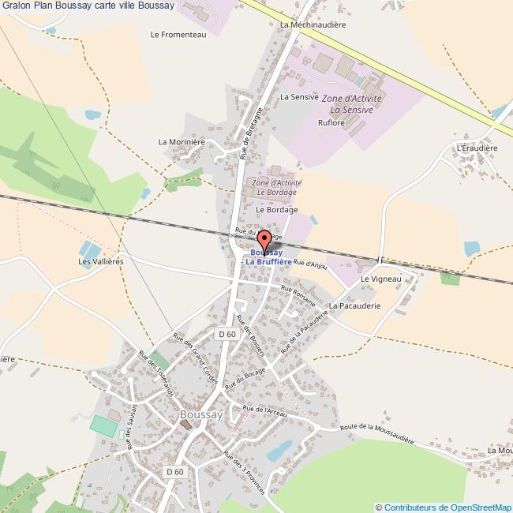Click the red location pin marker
tap(265, 241)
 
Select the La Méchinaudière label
tap(313, 24)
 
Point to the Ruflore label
tap(331, 123)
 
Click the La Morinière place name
tap(182, 142)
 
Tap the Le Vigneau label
tap(381, 279)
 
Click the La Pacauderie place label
tap(355, 305)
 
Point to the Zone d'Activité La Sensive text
tap(351, 103)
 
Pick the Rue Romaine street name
tap(298, 297)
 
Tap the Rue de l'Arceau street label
tap(264, 411)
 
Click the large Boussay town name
tap(201, 414)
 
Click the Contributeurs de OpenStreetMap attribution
tap(443, 507)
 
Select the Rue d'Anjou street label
tap(310, 264)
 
